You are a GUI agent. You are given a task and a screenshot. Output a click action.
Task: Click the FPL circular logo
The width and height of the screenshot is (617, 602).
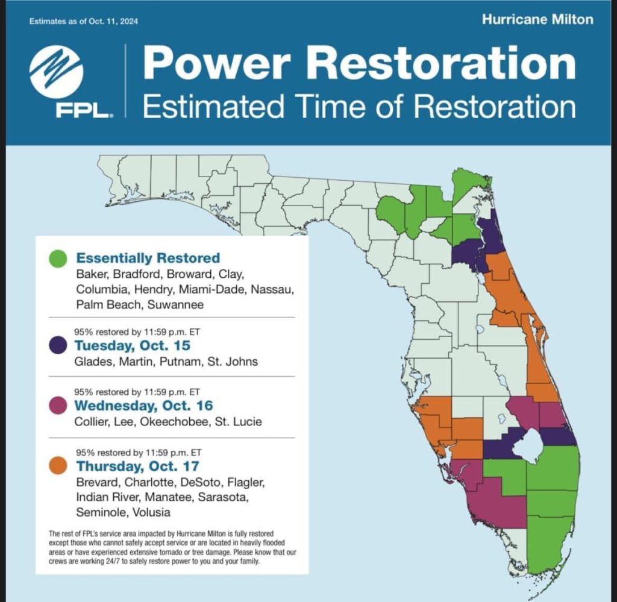(x=56, y=72)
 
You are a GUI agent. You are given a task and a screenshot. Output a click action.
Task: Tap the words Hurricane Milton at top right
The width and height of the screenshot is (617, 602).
(x=537, y=19)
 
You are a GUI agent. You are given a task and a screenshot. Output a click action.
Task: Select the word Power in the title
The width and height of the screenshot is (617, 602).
(x=217, y=63)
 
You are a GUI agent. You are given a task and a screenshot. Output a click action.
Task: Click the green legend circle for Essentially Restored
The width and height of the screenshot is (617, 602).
(x=57, y=259)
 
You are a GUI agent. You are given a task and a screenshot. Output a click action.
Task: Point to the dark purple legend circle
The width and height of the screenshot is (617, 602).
(x=57, y=346)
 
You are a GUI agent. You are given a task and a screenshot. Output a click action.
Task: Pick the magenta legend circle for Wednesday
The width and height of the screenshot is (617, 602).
(x=57, y=406)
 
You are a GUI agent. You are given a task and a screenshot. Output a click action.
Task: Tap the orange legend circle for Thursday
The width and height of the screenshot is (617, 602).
(x=57, y=466)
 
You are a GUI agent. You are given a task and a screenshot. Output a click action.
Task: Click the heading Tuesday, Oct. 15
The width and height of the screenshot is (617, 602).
(x=132, y=346)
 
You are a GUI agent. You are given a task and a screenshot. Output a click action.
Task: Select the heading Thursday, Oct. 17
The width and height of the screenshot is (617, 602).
(x=137, y=466)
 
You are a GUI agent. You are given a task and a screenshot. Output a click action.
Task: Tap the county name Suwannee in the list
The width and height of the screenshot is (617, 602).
(x=175, y=304)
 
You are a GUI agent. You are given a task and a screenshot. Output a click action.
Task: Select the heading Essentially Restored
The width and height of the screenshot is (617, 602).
(x=148, y=259)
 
